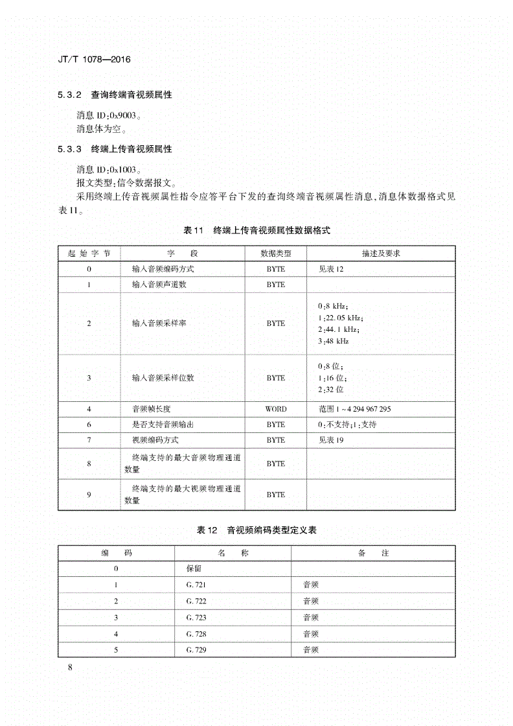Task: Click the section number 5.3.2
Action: [69, 95]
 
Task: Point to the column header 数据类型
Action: [275, 253]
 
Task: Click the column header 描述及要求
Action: [381, 253]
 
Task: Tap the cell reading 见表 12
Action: [331, 269]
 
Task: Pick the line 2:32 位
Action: [330, 390]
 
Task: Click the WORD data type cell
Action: [275, 409]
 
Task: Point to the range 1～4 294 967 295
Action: [354, 409]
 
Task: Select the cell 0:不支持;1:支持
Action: [347, 425]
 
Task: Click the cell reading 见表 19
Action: [331, 440]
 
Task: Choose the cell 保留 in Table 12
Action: [194, 568]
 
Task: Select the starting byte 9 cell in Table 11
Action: [89, 495]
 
